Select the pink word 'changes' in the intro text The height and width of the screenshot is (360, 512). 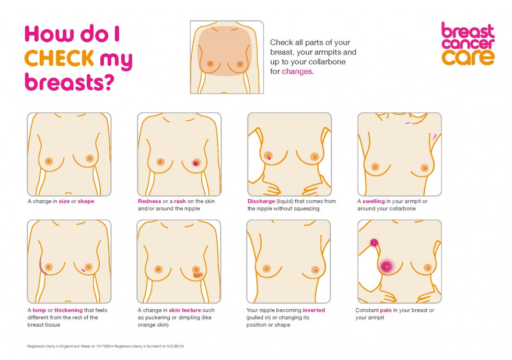297,72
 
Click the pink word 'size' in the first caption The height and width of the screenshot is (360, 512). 64,201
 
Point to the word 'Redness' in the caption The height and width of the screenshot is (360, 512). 149,201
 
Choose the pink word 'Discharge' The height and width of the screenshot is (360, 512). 261,201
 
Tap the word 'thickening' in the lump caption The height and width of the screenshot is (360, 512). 68,310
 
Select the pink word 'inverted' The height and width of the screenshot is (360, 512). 313,310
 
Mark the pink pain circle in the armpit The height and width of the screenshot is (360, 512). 374,242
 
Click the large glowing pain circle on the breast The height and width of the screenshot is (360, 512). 386,266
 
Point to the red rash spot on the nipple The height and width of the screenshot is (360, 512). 196,162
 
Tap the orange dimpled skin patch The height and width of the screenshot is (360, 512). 197,275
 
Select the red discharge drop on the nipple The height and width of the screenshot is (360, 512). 269,157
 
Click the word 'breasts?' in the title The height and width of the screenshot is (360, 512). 69,82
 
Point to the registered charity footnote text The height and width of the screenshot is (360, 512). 105,346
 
